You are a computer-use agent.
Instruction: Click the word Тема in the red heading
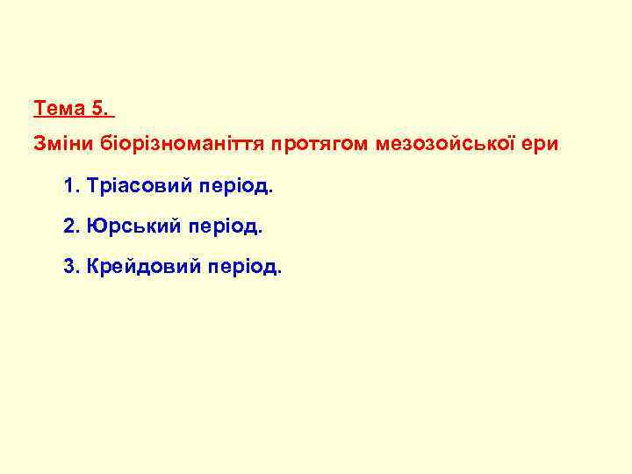tap(59, 110)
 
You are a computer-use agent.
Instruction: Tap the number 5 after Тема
tap(100, 110)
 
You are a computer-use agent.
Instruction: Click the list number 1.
tap(69, 187)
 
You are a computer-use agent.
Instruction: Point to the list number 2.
tap(70, 226)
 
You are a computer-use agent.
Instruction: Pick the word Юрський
tap(133, 226)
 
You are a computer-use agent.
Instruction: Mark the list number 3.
tap(70, 266)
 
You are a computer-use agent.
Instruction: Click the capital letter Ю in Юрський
tap(96, 226)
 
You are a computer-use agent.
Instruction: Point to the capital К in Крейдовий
tap(94, 266)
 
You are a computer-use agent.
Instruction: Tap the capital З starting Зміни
tap(39, 142)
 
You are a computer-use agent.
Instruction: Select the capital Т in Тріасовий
tap(93, 187)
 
